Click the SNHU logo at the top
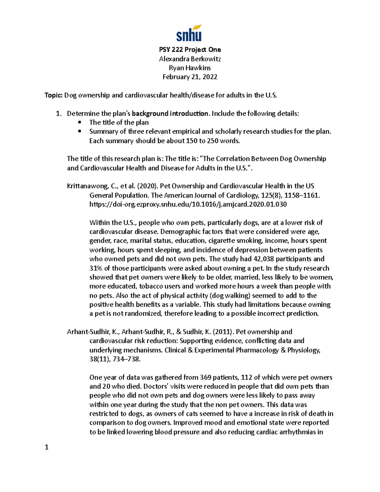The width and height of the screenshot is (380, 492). [x=189, y=33]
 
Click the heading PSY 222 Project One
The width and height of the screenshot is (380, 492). [x=190, y=50]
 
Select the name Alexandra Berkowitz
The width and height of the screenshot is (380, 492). [x=190, y=59]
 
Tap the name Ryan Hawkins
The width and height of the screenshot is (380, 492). [x=190, y=68]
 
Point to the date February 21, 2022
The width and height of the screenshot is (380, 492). [x=190, y=77]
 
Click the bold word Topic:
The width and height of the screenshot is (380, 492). [x=54, y=95]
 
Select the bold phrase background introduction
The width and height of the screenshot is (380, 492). [x=170, y=114]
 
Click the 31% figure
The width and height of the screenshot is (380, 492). [x=96, y=268]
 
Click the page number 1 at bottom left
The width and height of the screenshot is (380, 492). [x=47, y=447]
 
